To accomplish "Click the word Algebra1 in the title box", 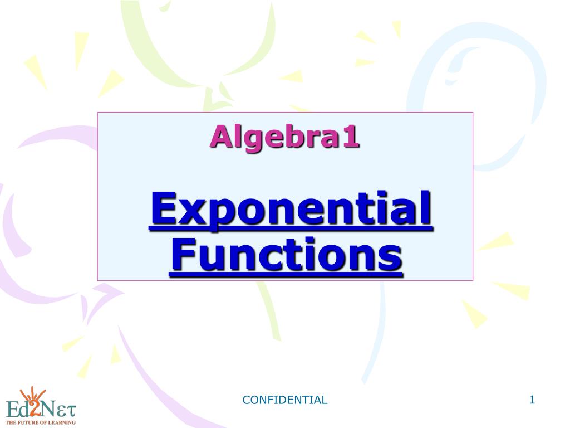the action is coord(284,138).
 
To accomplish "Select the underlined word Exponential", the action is coord(291,210).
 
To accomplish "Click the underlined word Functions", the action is coord(286,254).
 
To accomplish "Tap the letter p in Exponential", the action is coord(217,215).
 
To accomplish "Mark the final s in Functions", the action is coord(391,257).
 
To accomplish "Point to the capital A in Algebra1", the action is coord(223,136).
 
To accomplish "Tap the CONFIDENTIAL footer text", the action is coord(284,400).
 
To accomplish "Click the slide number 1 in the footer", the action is coord(532,400).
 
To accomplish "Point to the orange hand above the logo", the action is coord(33,393).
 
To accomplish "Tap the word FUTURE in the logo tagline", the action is coord(26,422).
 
